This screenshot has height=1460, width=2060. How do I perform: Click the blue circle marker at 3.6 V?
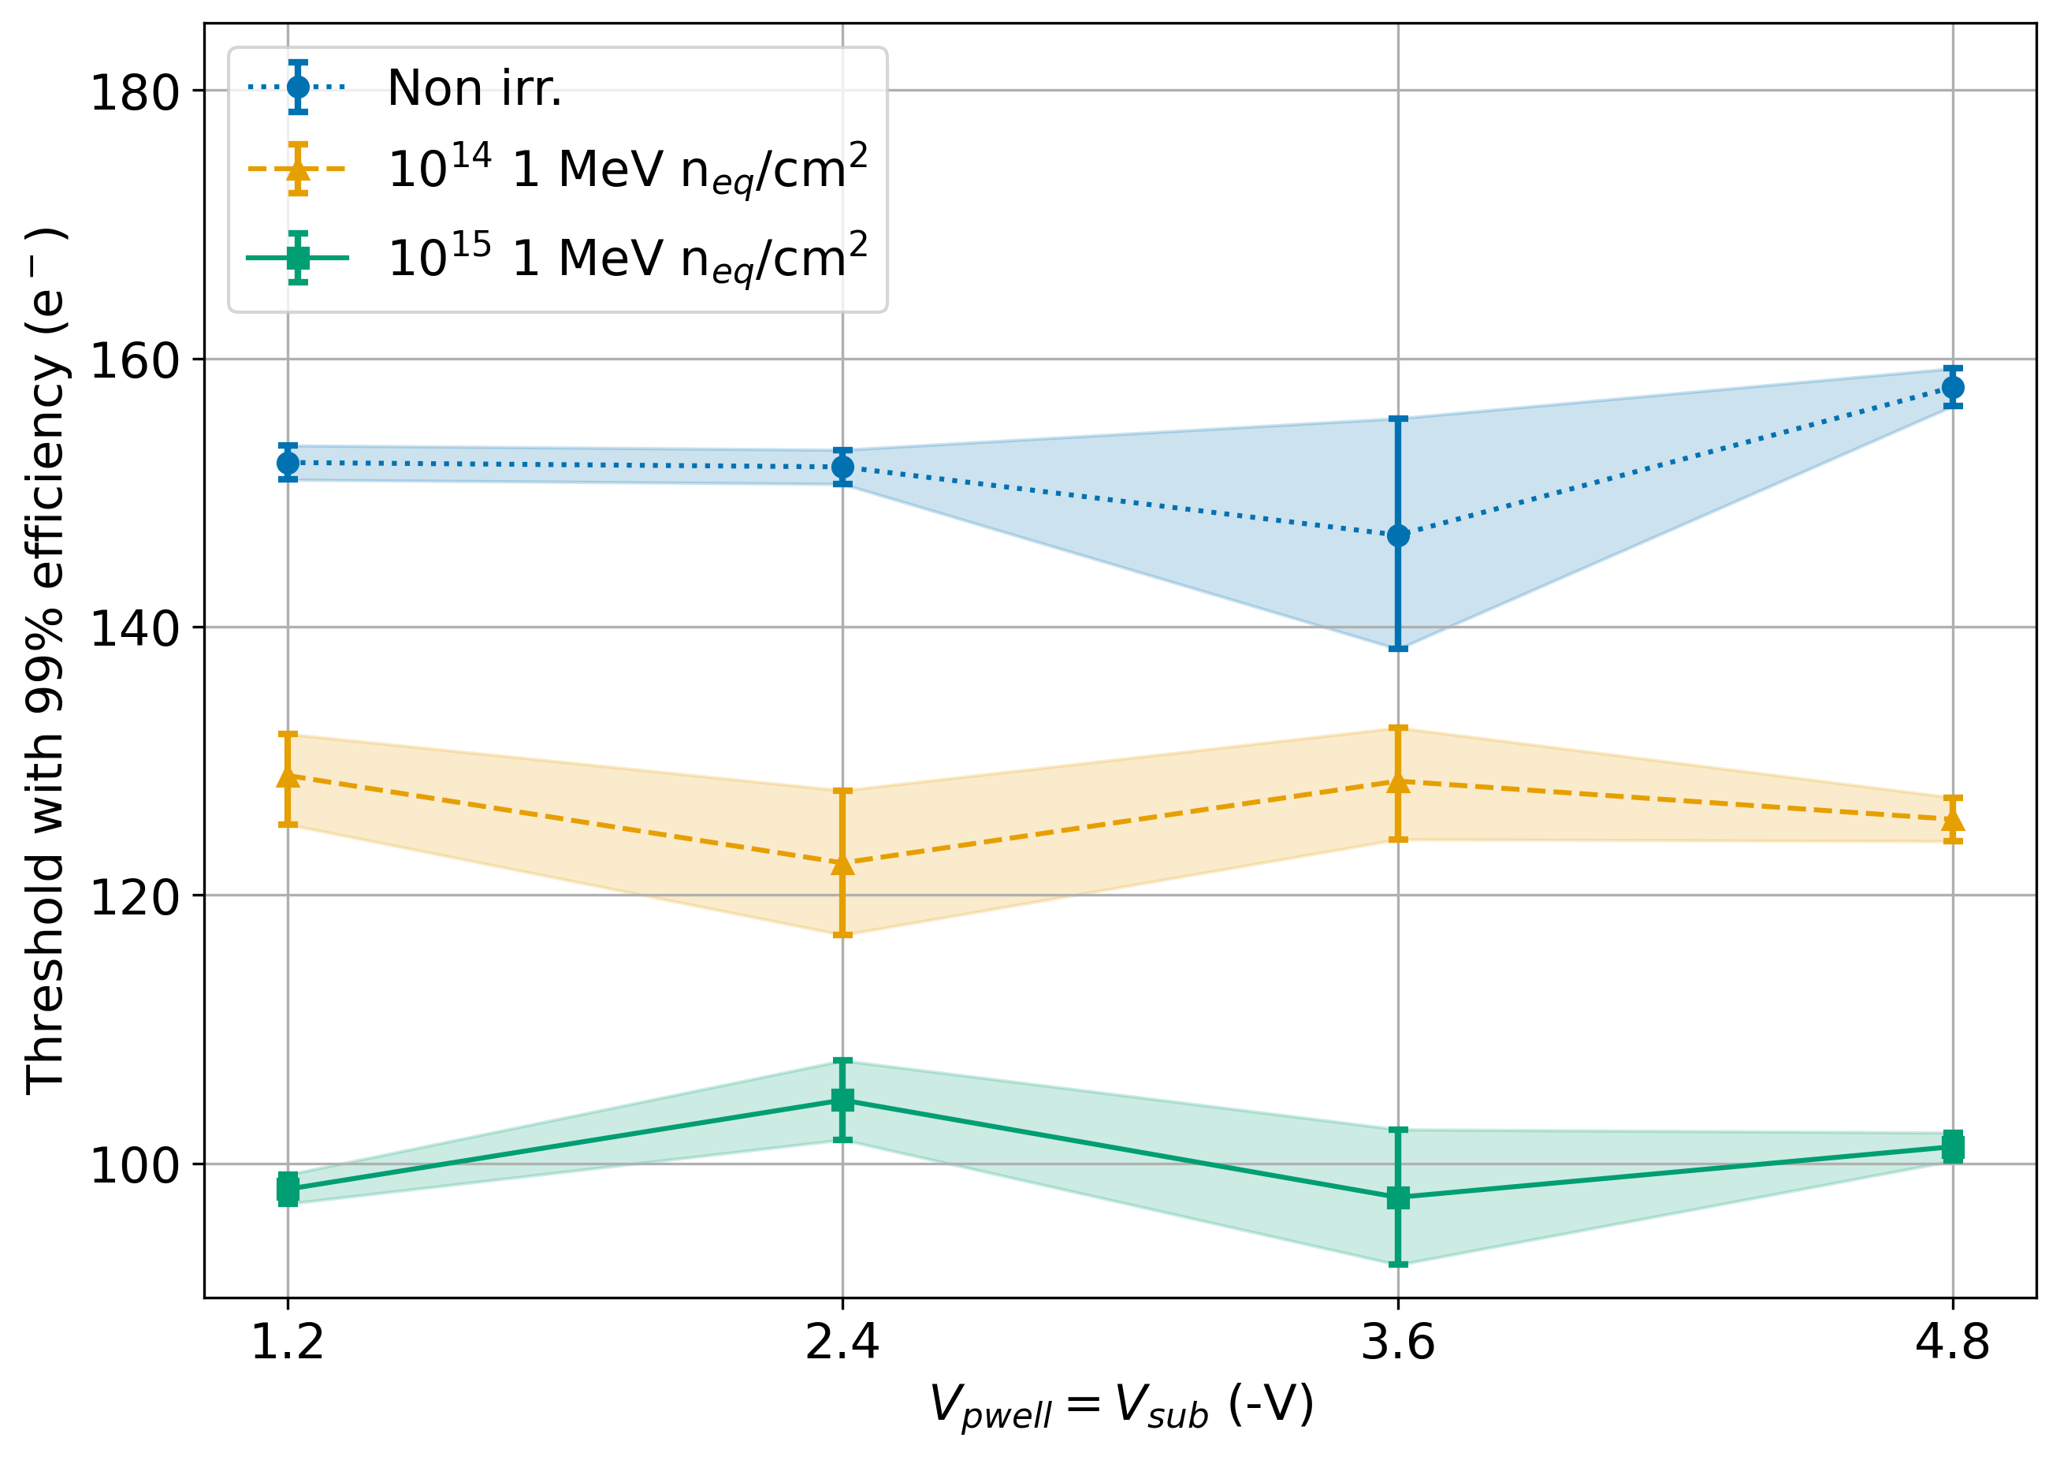point(1397,536)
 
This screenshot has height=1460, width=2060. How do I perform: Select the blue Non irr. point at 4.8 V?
point(1952,388)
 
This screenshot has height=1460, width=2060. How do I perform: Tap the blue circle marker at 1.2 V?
point(288,463)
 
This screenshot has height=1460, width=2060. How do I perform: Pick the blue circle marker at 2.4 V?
point(842,467)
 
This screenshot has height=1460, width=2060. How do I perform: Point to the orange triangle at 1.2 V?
point(288,776)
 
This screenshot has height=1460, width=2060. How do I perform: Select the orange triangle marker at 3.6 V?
point(1397,782)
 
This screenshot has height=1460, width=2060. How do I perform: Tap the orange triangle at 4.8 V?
point(1952,820)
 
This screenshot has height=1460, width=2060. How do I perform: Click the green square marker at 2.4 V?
point(842,1101)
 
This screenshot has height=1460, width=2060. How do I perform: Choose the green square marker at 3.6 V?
point(1397,1197)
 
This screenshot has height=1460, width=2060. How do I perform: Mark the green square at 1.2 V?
point(288,1190)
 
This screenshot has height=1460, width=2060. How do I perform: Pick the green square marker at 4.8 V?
point(1952,1147)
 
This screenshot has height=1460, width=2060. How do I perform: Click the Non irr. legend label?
point(474,88)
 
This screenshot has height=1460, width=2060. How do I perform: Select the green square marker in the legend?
point(299,258)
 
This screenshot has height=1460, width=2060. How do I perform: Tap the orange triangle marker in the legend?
point(299,169)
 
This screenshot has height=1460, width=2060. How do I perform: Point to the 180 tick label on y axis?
point(135,91)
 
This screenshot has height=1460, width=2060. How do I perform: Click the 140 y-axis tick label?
point(135,628)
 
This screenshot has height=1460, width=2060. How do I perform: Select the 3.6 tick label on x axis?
point(1397,1343)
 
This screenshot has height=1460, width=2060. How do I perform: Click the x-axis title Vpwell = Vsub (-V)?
point(1121,1405)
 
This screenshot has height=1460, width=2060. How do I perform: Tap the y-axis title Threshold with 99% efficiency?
point(45,661)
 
